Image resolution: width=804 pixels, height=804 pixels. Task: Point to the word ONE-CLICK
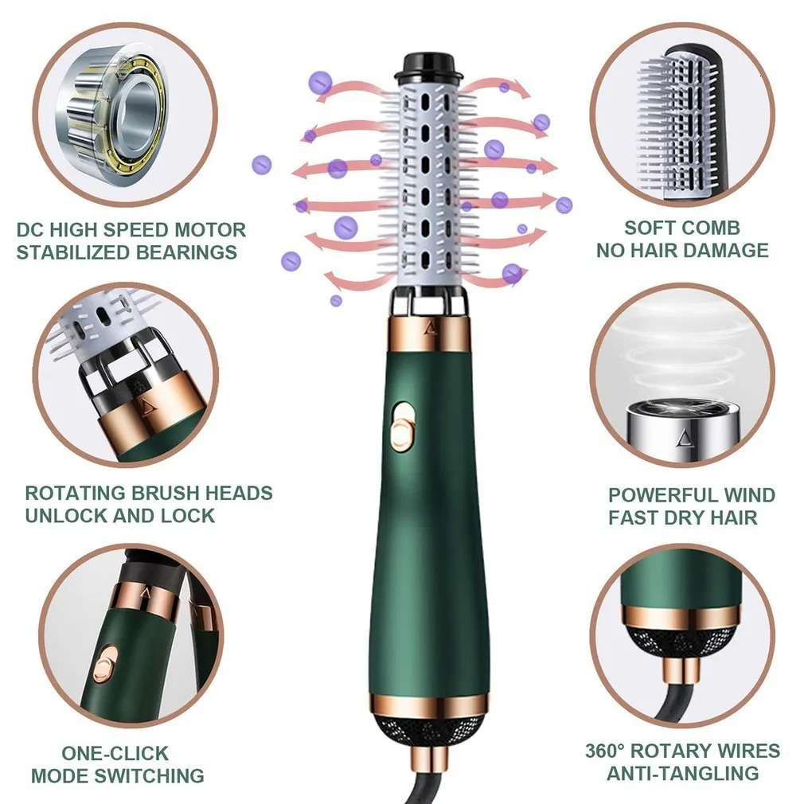[x=115, y=752]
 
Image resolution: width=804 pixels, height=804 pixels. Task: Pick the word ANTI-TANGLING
[x=682, y=773]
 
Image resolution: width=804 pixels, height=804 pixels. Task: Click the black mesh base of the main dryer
[x=431, y=727]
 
